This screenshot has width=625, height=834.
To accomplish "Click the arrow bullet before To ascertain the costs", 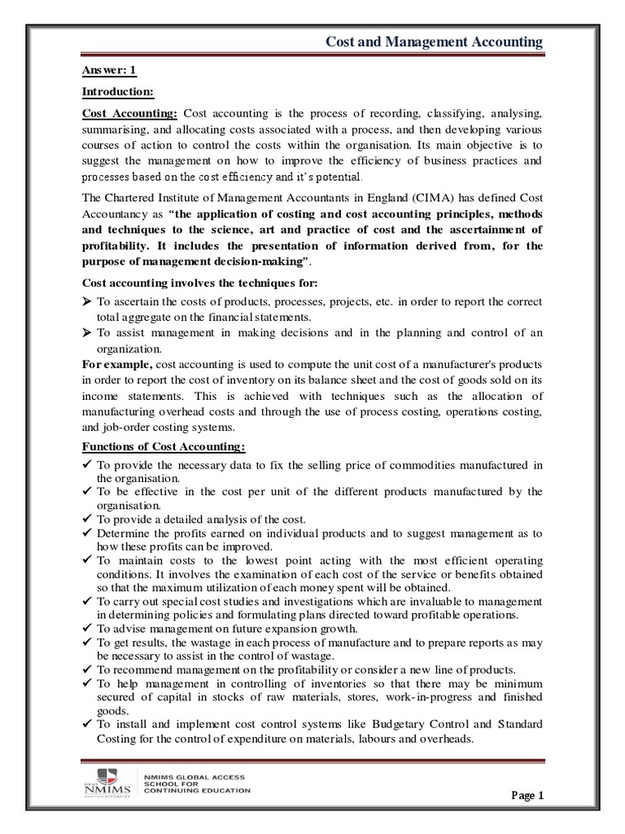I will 89,301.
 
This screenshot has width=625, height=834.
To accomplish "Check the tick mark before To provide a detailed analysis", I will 89,519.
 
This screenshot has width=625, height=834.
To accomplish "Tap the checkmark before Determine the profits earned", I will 89,532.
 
